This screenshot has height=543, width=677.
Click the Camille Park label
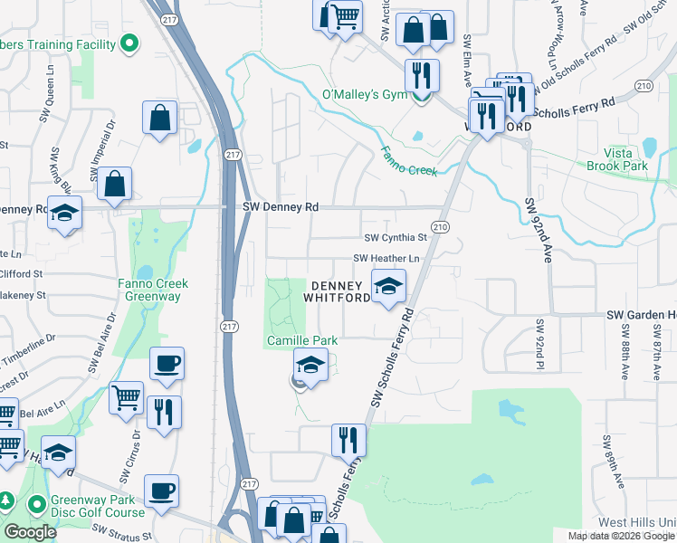coord(301,340)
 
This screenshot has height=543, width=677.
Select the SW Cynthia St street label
coord(395,238)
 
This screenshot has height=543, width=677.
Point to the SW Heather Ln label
coord(392,259)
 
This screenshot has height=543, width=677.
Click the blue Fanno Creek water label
coord(408,161)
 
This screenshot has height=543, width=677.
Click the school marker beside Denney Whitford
coord(388,288)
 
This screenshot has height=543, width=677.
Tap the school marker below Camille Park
coord(310,367)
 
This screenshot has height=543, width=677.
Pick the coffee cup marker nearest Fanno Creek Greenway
coord(167,364)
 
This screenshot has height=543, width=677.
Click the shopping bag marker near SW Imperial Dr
coord(159,117)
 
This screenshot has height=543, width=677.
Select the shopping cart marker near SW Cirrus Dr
coord(126,398)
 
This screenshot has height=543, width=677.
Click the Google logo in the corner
coord(30,532)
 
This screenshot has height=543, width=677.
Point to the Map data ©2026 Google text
coord(621,536)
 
